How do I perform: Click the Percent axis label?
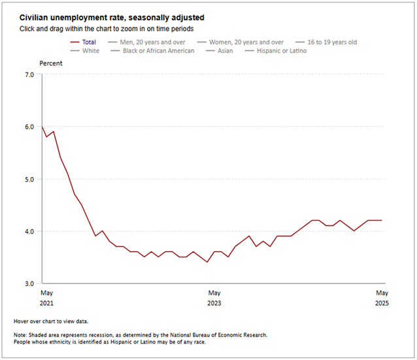(x=52, y=63)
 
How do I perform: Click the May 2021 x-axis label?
(x=46, y=298)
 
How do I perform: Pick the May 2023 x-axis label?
(x=214, y=298)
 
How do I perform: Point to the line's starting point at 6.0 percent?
(x=42, y=127)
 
